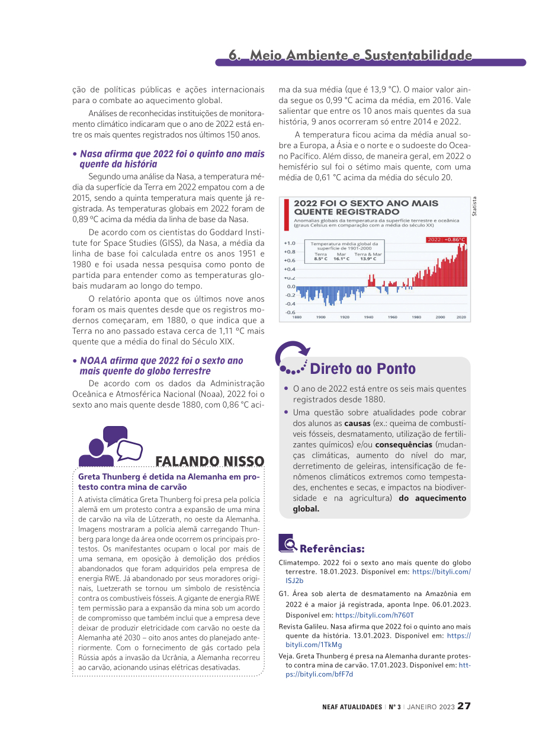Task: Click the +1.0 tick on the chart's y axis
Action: (289, 243)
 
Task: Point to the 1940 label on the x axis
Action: (368, 317)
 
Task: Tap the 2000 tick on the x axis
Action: (440, 317)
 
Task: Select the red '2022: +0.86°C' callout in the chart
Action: (447, 239)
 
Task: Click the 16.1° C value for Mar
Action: (341, 259)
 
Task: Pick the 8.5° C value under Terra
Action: (320, 259)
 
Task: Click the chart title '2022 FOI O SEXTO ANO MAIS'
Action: (366, 203)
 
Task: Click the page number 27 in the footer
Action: (464, 706)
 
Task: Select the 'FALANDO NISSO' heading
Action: (210, 461)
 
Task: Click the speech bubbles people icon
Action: (111, 446)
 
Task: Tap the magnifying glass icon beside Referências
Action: (287, 543)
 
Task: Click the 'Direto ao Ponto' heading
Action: (362, 369)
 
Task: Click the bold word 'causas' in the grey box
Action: (357, 424)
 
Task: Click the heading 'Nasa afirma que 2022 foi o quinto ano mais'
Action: (172, 154)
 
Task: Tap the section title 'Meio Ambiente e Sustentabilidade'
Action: (361, 55)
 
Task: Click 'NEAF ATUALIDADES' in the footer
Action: (352, 707)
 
